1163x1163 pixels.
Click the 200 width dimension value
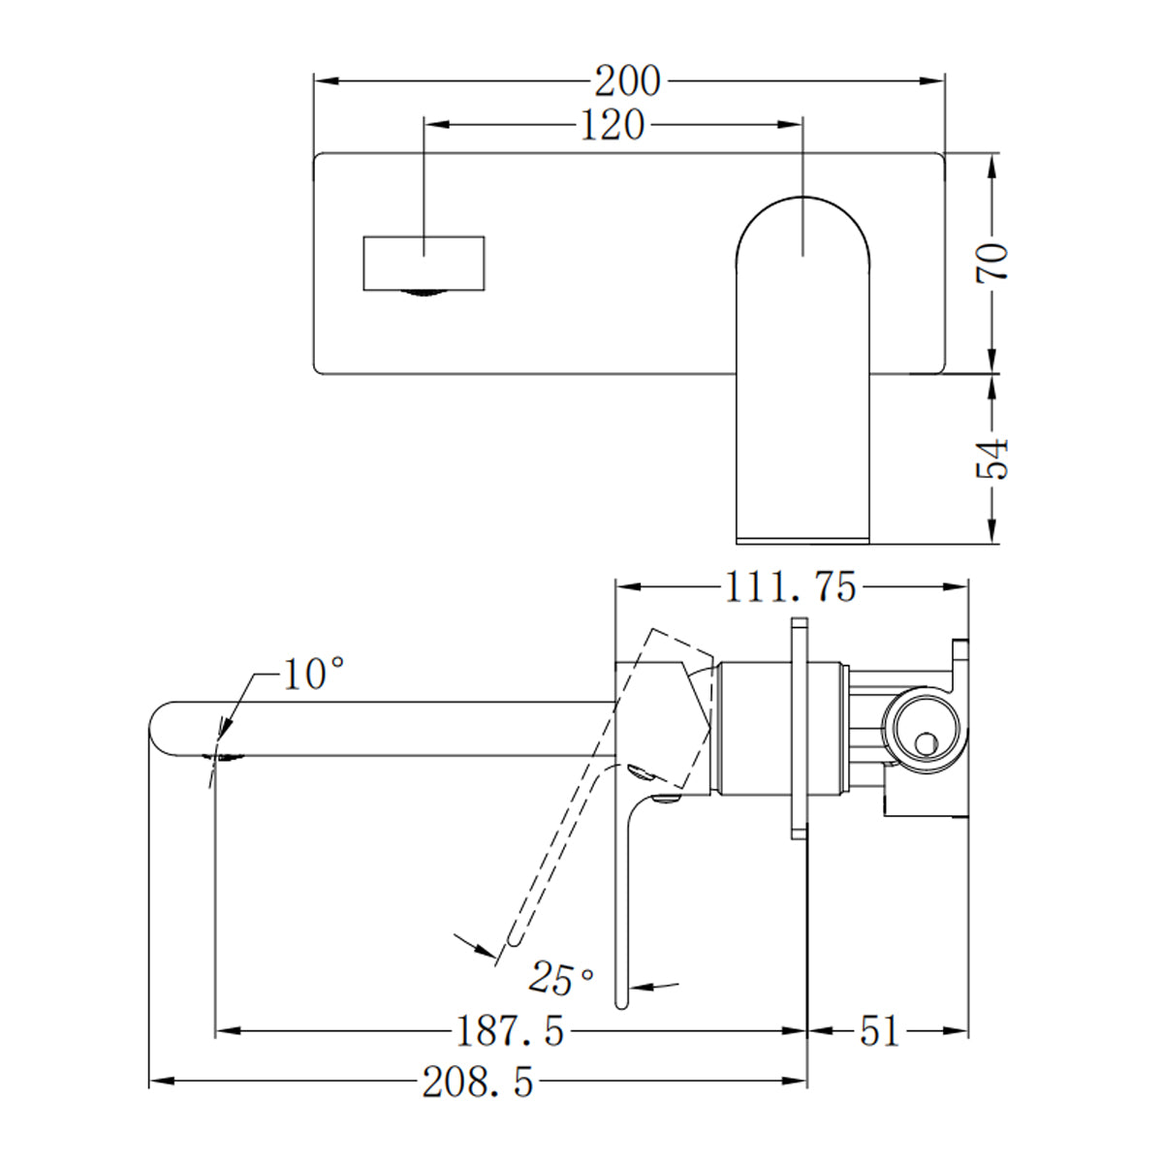627,82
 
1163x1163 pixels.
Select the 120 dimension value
613,125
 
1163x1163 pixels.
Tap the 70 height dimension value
992,263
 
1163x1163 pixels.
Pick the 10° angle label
313,673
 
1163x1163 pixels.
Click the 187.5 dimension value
510,1031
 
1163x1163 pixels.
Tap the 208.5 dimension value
478,1082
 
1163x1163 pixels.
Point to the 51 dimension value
879,1031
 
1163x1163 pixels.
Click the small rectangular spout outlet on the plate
423,263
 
